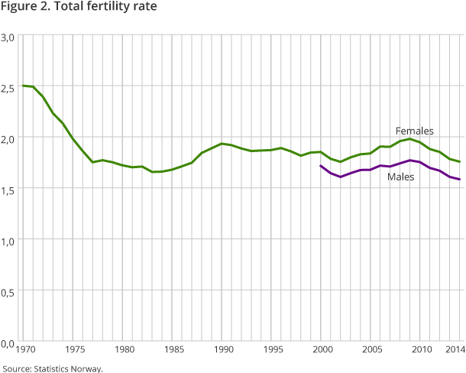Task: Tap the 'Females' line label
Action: [414, 131]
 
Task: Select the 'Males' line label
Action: [401, 177]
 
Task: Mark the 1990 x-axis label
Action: [222, 351]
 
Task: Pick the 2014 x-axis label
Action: [455, 351]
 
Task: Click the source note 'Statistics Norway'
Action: [52, 368]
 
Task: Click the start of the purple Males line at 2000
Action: [321, 166]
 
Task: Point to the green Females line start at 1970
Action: [24, 86]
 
